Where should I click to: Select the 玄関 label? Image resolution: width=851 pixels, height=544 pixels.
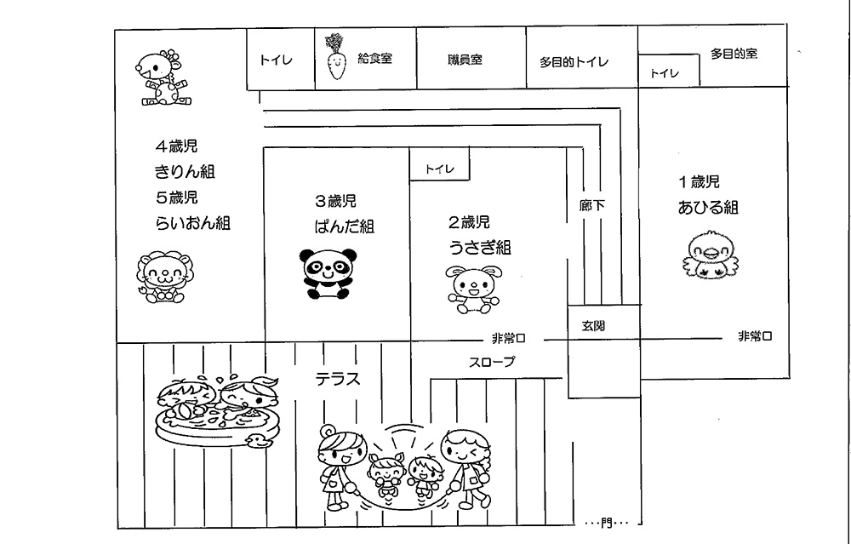click(594, 326)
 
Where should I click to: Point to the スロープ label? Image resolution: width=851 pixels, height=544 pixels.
click(492, 362)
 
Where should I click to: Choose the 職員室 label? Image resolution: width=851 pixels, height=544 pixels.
click(465, 60)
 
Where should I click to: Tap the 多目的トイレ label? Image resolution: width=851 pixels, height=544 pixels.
click(574, 62)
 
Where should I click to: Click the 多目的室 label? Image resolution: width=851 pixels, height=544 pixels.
click(734, 54)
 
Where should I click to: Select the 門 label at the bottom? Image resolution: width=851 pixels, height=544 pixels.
click(607, 521)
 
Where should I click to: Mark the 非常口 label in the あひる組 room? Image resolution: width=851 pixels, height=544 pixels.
click(755, 337)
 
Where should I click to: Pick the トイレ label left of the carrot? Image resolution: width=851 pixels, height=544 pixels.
click(276, 60)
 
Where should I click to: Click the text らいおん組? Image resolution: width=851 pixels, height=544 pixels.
click(192, 224)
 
